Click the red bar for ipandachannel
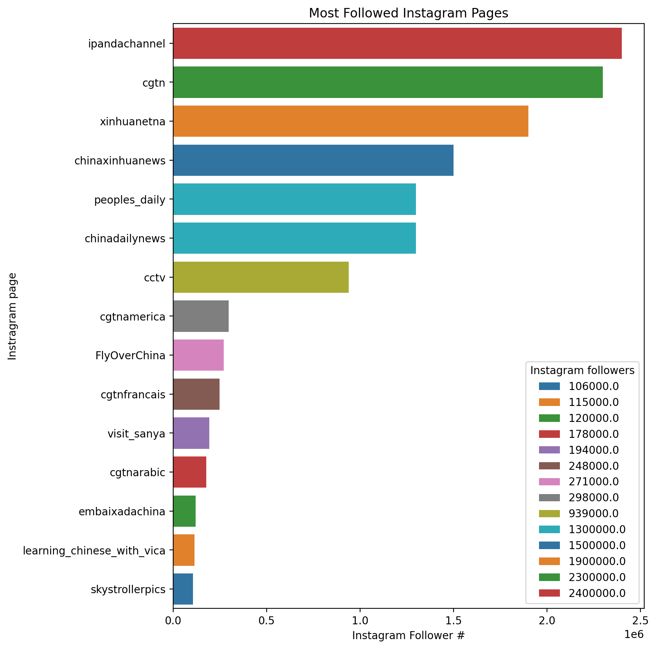(397, 43)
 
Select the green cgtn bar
(388, 82)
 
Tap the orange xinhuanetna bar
(351, 121)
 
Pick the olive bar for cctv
(261, 277)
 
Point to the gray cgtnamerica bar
(201, 316)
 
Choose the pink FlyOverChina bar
(198, 355)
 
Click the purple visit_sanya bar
(191, 433)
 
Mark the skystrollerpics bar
(183, 589)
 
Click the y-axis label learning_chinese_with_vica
(94, 550)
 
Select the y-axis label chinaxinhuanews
(120, 161)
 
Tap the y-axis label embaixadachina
(122, 512)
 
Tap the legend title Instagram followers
(582, 370)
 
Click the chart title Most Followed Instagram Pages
(408, 13)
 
